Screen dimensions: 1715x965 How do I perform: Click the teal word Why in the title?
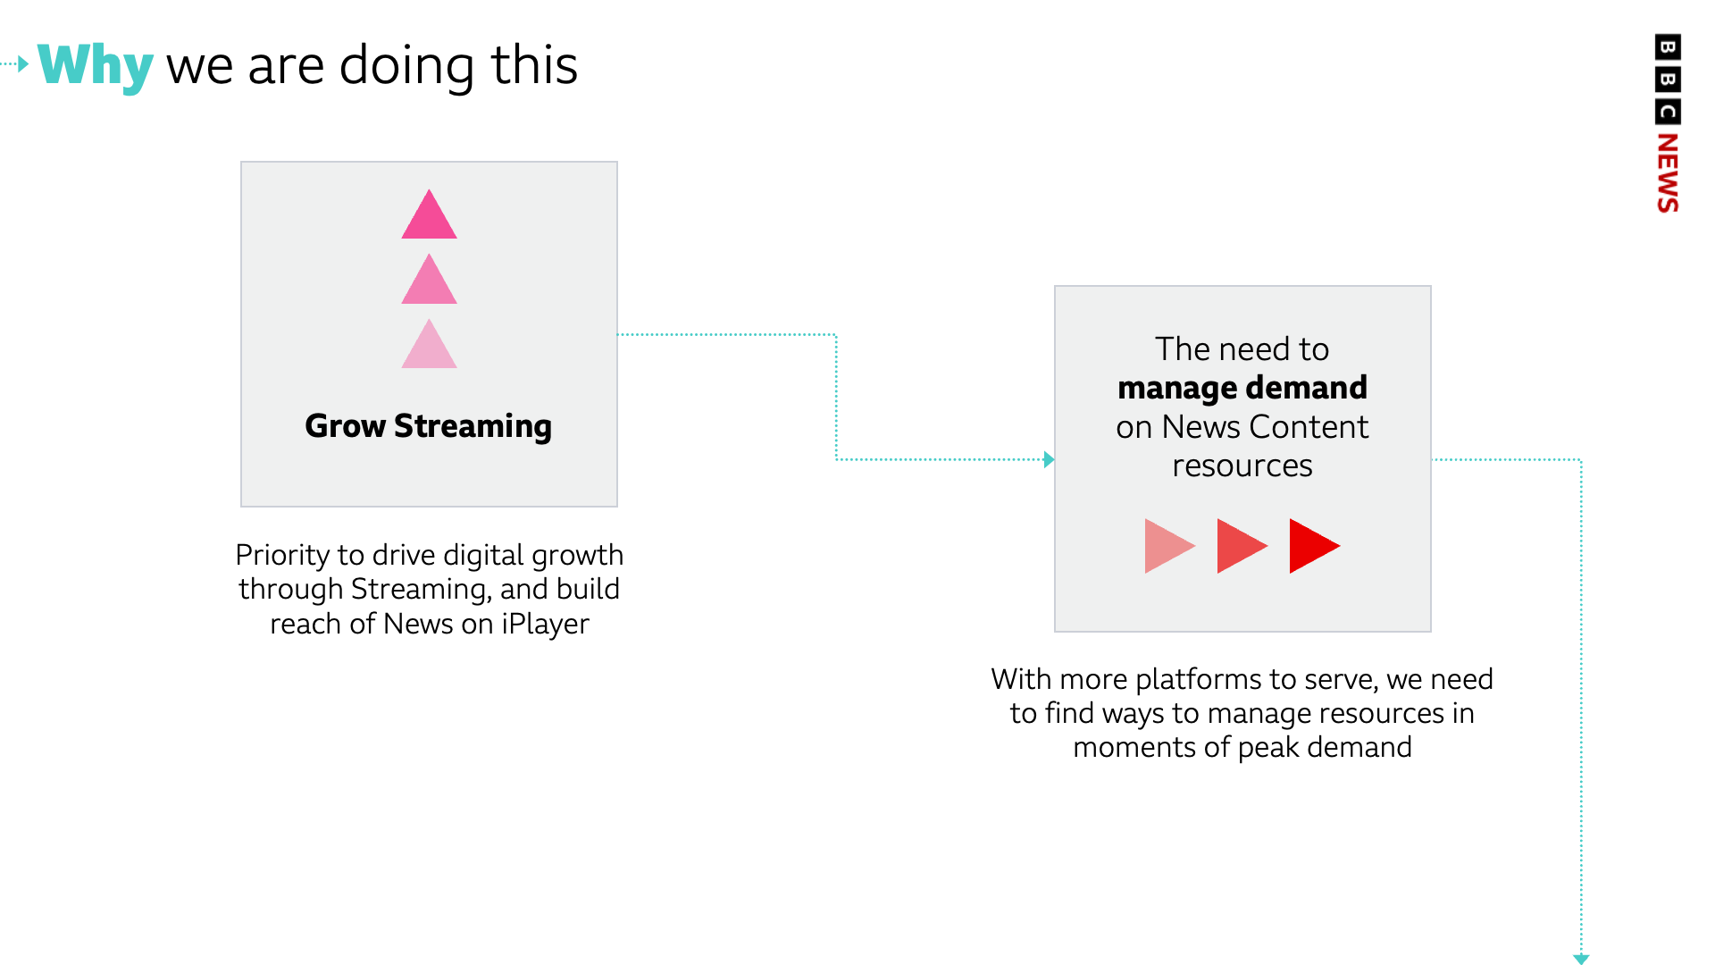click(96, 66)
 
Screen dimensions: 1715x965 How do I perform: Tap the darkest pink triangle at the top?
click(429, 214)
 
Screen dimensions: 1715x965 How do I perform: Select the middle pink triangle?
click(429, 280)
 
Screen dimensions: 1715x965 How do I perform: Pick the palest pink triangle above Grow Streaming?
click(429, 345)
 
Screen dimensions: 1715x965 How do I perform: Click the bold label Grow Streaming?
click(429, 426)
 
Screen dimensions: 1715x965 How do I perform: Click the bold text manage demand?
click(1242, 388)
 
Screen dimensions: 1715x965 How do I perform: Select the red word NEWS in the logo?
click(1668, 172)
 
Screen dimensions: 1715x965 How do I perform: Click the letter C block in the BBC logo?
click(1668, 112)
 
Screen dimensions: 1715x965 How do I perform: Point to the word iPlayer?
click(545, 624)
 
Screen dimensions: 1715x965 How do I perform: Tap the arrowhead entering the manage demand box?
click(1050, 460)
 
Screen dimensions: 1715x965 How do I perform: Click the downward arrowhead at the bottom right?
click(1581, 959)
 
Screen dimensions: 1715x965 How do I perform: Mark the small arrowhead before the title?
click(23, 63)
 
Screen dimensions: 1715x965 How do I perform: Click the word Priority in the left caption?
click(281, 556)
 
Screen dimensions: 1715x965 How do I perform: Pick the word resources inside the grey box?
click(1242, 466)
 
